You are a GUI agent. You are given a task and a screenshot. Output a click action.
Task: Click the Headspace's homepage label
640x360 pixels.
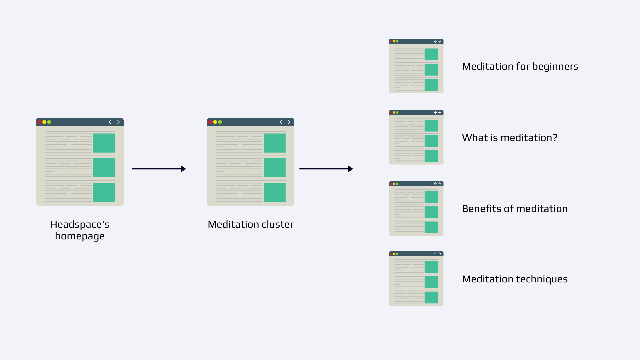coord(80,230)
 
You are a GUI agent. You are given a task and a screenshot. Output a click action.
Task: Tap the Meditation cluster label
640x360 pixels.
coord(251,224)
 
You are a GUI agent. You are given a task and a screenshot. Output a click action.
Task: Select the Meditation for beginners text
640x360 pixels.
coord(520,67)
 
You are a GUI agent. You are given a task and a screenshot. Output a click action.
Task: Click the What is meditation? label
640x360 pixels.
coord(510,138)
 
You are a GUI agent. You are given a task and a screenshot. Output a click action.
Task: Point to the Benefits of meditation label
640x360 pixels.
coord(515,209)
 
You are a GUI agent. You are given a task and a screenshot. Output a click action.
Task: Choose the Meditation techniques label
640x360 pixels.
coord(515,279)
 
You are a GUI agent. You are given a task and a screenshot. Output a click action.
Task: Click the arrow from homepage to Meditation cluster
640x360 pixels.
coord(159,169)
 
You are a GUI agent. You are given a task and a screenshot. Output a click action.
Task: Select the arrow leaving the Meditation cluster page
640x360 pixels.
coord(326,169)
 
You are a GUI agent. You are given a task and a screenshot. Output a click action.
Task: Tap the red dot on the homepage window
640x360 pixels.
coord(40,122)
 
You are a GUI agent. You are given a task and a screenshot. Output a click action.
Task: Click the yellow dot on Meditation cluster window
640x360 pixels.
coord(215,122)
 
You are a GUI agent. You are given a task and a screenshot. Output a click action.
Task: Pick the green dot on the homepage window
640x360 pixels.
coord(49,122)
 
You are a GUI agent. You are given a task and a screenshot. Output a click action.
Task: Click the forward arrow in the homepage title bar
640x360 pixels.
coord(118,122)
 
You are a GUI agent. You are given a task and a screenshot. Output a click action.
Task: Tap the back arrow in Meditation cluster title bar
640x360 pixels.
coord(281,122)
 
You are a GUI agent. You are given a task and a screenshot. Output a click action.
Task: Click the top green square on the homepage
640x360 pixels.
coord(104,143)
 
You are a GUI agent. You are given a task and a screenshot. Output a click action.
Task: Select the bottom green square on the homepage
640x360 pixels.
coord(104,192)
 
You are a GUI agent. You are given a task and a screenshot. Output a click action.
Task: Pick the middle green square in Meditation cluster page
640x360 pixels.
coord(275,167)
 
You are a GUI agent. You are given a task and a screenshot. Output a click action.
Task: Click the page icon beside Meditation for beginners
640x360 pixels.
coord(416,66)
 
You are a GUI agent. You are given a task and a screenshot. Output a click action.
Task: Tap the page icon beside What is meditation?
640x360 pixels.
coord(416,137)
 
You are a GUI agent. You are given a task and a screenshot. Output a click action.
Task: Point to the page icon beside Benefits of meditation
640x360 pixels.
coord(416,209)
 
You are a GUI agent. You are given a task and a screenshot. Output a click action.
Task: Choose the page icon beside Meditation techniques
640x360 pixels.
coord(416,279)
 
